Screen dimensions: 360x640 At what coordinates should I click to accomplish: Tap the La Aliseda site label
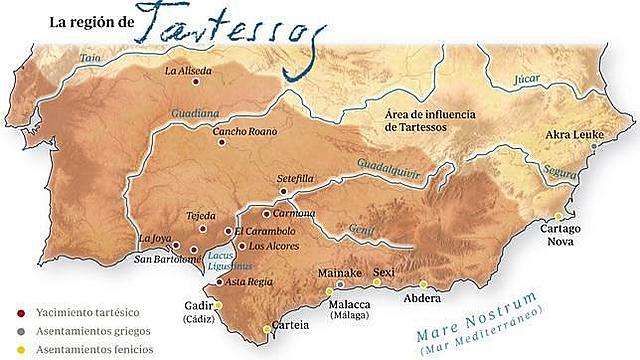190,71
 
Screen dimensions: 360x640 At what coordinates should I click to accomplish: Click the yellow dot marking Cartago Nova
559,217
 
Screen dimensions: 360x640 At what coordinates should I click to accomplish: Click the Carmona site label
294,213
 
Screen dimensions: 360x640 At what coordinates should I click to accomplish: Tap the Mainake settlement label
337,272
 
